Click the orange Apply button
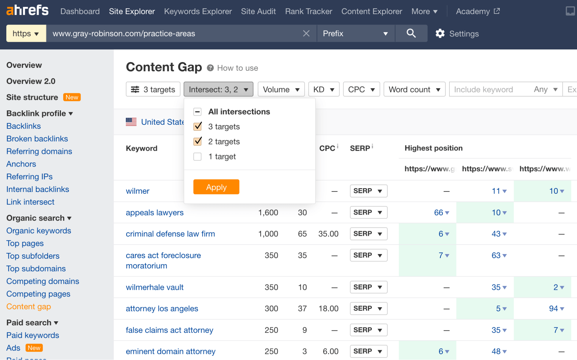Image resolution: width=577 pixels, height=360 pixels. click(x=216, y=187)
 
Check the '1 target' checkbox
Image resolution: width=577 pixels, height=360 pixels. click(x=197, y=156)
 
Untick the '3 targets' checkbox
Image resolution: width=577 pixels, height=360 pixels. click(x=197, y=126)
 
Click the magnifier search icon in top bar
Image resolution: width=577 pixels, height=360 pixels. click(x=411, y=33)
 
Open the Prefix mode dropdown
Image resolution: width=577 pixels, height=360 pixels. click(x=355, y=33)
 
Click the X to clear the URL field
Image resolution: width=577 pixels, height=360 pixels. click(x=306, y=33)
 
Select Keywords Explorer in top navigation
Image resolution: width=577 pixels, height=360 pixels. click(x=198, y=11)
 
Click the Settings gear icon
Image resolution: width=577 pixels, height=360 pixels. click(x=440, y=33)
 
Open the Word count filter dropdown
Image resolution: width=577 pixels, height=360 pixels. click(x=414, y=89)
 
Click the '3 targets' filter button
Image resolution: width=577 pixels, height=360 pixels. click(x=153, y=89)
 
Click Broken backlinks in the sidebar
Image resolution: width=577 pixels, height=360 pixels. click(x=37, y=139)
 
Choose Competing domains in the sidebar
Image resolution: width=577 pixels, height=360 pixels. click(x=43, y=281)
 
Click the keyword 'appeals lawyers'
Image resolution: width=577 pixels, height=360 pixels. click(x=155, y=212)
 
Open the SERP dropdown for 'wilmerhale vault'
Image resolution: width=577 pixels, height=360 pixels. click(x=368, y=287)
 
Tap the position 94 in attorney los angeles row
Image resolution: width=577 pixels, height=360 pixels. click(x=554, y=309)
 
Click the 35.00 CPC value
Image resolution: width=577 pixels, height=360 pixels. click(x=328, y=234)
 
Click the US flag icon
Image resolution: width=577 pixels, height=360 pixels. click(x=131, y=122)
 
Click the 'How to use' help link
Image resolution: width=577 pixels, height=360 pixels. click(x=237, y=68)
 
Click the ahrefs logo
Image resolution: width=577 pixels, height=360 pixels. click(x=27, y=11)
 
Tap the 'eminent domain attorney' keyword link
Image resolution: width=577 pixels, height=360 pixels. click(x=171, y=351)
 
